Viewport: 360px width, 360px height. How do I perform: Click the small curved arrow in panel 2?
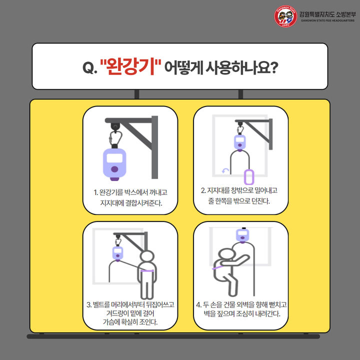(x=225, y=171)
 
